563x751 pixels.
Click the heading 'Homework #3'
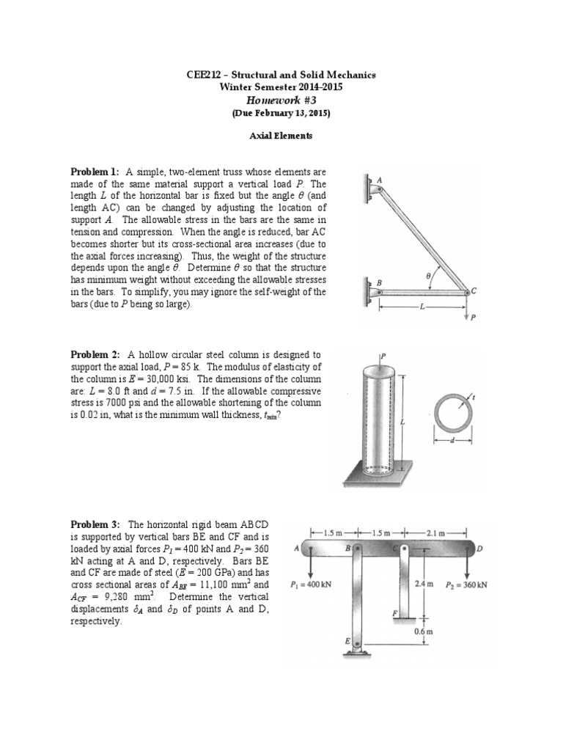pos(281,100)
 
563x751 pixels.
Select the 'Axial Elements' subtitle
pos(281,136)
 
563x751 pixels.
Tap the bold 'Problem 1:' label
pos(95,172)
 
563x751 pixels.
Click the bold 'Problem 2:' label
pos(95,354)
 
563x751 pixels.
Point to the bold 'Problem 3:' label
pos(95,524)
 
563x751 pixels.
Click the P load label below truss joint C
pos(473,318)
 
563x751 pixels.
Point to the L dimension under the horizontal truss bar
pos(422,307)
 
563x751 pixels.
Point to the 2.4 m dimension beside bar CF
pos(423,585)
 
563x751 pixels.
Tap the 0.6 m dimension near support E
pos(421,631)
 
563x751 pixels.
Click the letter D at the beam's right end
pos(479,549)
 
